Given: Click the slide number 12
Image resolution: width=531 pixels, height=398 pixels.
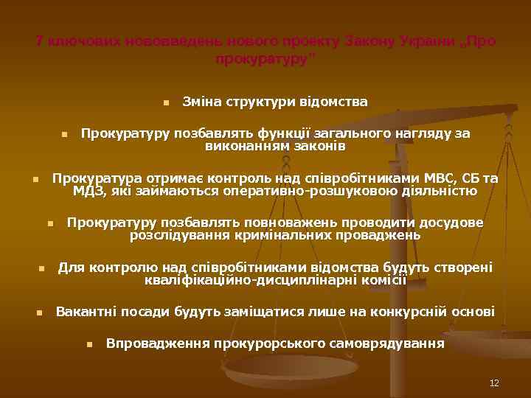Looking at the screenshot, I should coord(494,383).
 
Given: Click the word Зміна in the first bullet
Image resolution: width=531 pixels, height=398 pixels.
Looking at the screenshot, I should coord(200,102).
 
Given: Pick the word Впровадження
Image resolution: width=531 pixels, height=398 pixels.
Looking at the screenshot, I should coord(156,343).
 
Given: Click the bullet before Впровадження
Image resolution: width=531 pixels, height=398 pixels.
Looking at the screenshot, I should coord(88,344).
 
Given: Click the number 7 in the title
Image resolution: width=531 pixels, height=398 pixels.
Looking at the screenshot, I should coord(40,42).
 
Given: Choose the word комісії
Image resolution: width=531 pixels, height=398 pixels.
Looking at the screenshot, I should coord(381,280).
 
